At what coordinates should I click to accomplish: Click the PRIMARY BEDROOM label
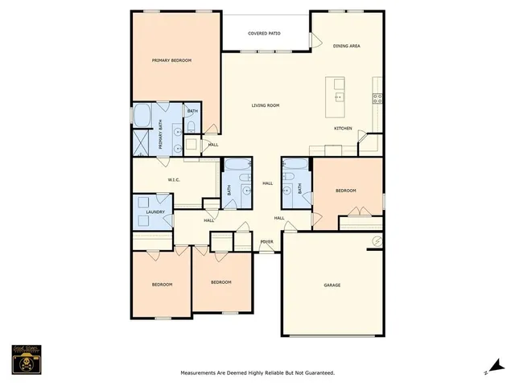point(172,60)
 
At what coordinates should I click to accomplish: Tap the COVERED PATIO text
point(264,34)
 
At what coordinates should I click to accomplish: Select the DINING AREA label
point(346,46)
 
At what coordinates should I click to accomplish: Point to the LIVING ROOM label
point(265,105)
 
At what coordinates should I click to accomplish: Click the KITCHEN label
point(344,129)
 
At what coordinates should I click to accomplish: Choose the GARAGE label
point(332,285)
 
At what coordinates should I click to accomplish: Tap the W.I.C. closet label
point(173,179)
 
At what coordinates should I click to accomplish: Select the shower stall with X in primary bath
point(141,142)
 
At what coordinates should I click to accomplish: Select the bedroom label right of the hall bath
point(346,191)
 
